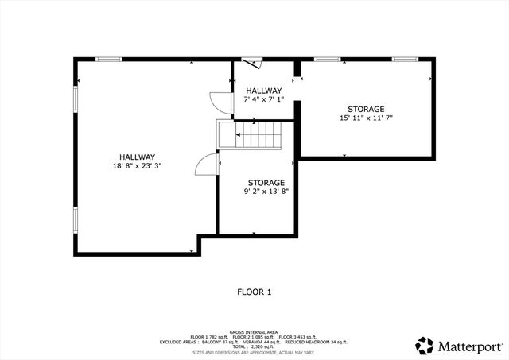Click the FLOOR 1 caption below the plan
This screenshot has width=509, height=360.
pyautogui.click(x=254, y=292)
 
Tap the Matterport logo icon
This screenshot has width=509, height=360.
pyautogui.click(x=425, y=346)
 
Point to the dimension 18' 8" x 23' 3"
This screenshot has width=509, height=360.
pyautogui.click(x=137, y=166)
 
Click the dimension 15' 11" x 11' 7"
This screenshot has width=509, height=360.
pyautogui.click(x=366, y=118)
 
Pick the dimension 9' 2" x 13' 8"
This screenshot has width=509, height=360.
pyautogui.click(x=266, y=192)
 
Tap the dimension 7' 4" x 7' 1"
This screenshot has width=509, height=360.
pyautogui.click(x=263, y=100)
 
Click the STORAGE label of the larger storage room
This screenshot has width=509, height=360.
pyautogui.click(x=366, y=109)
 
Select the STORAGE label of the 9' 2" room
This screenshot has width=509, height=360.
pyautogui.click(x=266, y=183)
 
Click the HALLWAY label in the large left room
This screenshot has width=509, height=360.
pyautogui.click(x=137, y=157)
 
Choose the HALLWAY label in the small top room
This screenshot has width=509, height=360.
pyautogui.click(x=263, y=91)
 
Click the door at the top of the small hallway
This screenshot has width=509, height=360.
pyautogui.click(x=251, y=62)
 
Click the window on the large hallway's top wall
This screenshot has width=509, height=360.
pyautogui.click(x=108, y=59)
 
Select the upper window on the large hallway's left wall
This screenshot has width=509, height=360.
pyautogui.click(x=76, y=99)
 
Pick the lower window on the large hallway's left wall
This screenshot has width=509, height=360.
pyautogui.click(x=76, y=219)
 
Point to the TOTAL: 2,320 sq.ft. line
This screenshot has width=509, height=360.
pyautogui.click(x=254, y=346)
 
